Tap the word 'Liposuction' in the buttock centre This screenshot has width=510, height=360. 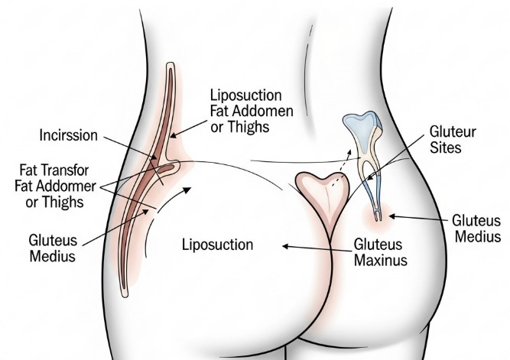pos(217,245)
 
